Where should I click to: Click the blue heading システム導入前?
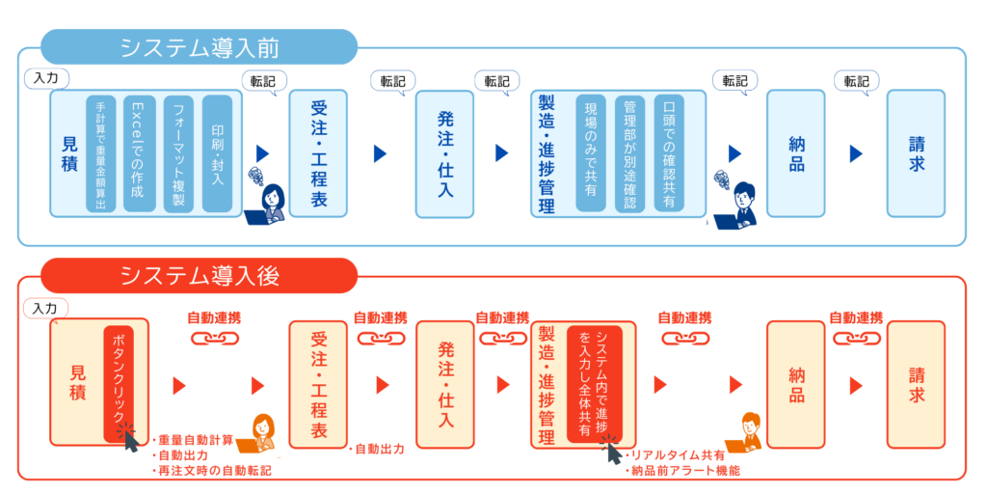pos(200,46)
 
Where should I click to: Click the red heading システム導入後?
pos(200,275)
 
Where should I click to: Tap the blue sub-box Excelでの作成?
pos(138,153)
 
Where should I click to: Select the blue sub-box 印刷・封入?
pos(217,153)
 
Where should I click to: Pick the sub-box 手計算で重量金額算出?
pos(100,153)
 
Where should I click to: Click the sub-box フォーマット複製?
pos(178,153)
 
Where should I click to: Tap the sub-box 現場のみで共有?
pos(591,153)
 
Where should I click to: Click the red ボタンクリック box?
pos(120,382)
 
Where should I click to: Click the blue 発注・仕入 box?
pos(444,153)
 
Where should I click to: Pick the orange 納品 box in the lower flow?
pos(795,383)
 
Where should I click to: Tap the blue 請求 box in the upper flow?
pos(916,153)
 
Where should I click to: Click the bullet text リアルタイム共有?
pos(680,454)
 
